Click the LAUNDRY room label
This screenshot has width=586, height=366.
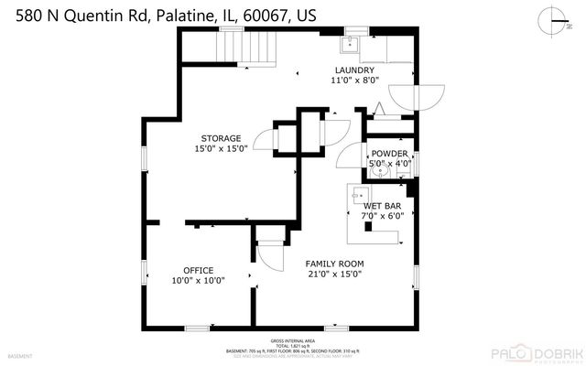tap(353, 70)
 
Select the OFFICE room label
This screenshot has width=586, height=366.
tap(199, 270)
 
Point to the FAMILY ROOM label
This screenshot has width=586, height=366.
tap(334, 264)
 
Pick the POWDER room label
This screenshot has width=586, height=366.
tap(389, 154)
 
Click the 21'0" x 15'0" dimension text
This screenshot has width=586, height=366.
tap(334, 274)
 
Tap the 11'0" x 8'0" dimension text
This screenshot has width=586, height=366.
tap(353, 81)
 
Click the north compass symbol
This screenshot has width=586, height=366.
tap(550, 20)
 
